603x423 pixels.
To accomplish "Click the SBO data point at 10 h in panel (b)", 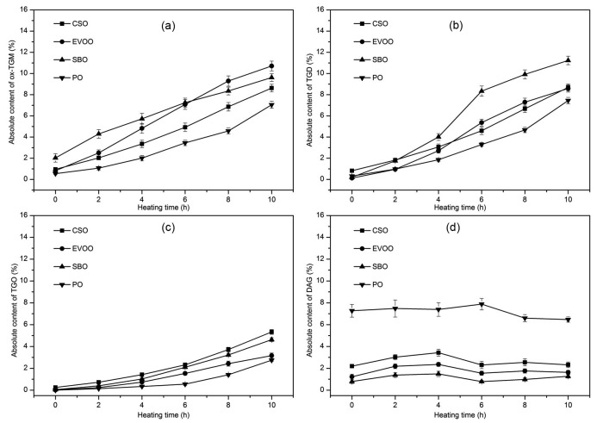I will [x=569, y=60].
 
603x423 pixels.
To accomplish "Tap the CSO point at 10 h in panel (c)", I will [x=271, y=332].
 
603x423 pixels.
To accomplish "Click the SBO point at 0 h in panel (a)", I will [x=56, y=158].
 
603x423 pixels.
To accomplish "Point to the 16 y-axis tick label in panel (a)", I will [x=35, y=9].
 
